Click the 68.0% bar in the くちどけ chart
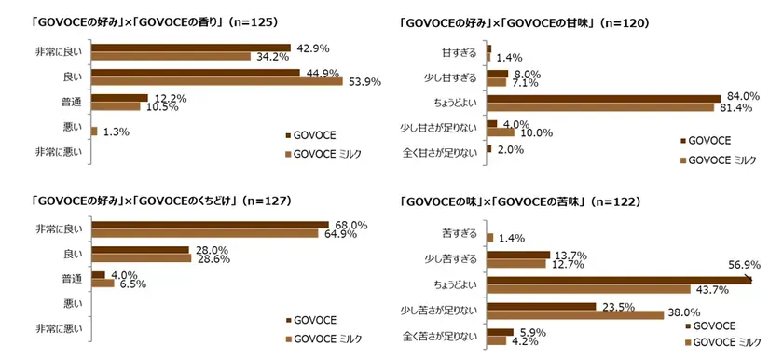point(210,224)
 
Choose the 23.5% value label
point(619,304)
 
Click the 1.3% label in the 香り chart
point(115,132)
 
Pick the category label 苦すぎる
point(458,233)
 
